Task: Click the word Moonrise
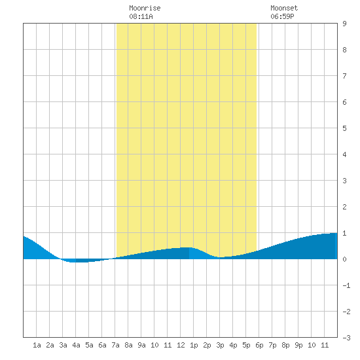(145, 8)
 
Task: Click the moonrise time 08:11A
(141, 16)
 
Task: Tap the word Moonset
(284, 8)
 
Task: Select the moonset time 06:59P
(282, 16)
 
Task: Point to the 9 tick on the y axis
(344, 24)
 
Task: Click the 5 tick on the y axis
(344, 128)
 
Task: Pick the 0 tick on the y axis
(344, 259)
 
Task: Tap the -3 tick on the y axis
(346, 338)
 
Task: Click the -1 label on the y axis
(346, 285)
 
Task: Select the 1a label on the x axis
(37, 345)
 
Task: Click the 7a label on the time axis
(115, 345)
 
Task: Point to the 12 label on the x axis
(181, 345)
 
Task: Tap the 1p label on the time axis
(194, 345)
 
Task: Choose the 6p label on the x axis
(259, 345)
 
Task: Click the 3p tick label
(220, 345)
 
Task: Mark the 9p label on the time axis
(298, 345)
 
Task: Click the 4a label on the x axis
(76, 345)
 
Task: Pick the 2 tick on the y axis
(344, 207)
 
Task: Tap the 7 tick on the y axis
(344, 76)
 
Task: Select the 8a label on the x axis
(128, 345)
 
